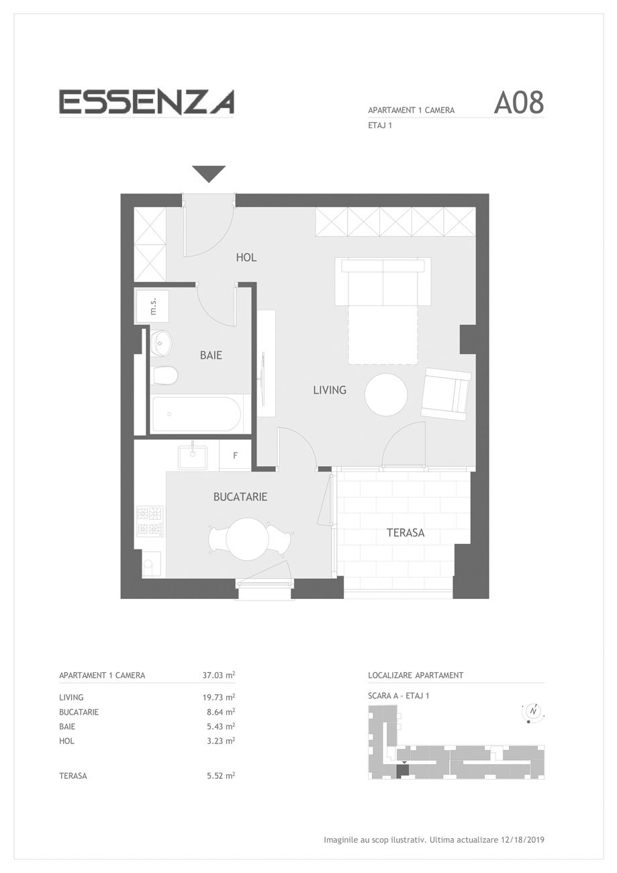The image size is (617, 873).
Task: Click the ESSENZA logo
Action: [x=146, y=102]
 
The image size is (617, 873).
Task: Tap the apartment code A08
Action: [x=518, y=103]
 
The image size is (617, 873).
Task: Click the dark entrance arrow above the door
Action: [x=209, y=174]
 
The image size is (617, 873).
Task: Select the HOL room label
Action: [x=246, y=257]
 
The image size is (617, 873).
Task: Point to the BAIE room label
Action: [x=211, y=355]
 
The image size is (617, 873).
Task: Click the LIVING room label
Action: [x=330, y=389]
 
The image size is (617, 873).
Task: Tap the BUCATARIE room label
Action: [x=240, y=496]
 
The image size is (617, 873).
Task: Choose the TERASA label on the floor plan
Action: [x=406, y=533]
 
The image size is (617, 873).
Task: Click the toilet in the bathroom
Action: [x=164, y=375]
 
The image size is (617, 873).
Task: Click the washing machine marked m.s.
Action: [x=152, y=306]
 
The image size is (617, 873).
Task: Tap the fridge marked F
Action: [x=235, y=455]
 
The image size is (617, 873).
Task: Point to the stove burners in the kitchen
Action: [x=150, y=521]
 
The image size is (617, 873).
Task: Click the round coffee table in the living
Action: [x=386, y=394]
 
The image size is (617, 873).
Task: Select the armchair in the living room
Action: [x=446, y=394]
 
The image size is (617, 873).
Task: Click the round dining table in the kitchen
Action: [x=247, y=539]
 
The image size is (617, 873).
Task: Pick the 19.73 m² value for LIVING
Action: [x=218, y=697]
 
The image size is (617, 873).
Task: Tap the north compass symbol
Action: [x=532, y=711]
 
